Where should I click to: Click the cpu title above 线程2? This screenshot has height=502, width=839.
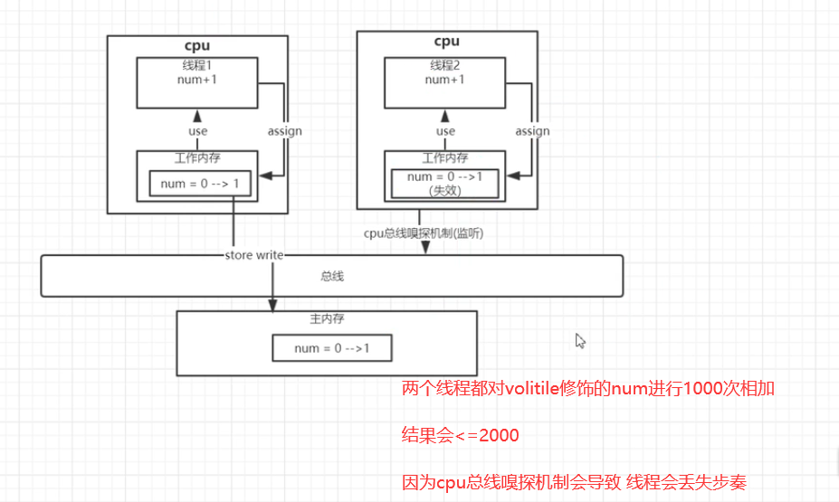pos(446,41)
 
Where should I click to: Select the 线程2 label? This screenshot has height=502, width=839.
pos(444,65)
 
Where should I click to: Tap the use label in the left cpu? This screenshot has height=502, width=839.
pos(197,131)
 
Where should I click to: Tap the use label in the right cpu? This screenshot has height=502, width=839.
pos(445,131)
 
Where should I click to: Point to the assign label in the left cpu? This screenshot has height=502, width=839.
pos(284,131)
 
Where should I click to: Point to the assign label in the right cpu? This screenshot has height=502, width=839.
pos(532,131)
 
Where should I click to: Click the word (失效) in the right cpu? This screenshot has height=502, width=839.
pos(444,191)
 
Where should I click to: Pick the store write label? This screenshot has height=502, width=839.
pos(254,255)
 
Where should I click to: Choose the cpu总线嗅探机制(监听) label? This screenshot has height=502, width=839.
pos(424,233)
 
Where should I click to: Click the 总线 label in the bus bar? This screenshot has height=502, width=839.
pos(332,276)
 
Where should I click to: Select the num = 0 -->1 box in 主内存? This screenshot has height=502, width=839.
pos(332,348)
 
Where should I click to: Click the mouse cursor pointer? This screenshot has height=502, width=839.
pos(580,340)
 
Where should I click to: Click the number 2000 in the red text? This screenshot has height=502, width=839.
pos(499,436)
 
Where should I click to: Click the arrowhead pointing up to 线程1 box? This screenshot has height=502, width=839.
pos(197,113)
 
